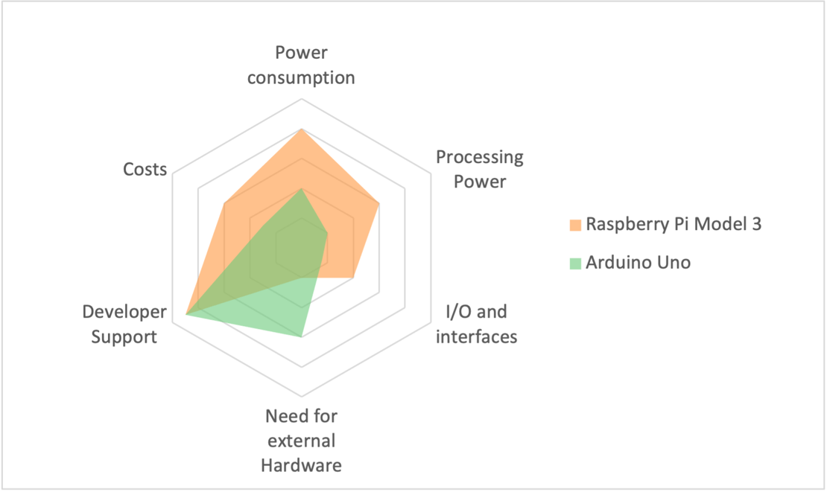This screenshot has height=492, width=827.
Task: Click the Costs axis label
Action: click(x=145, y=170)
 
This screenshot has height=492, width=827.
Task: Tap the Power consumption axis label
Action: click(x=301, y=65)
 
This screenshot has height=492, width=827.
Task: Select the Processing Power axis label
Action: click(x=480, y=169)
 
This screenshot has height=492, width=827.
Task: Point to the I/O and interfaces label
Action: click(x=476, y=324)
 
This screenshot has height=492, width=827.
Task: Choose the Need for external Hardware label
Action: click(x=301, y=441)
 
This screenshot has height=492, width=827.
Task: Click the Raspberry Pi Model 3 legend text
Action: click(x=674, y=224)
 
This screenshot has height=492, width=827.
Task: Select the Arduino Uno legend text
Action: click(x=638, y=262)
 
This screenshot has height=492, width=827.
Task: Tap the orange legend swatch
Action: click(x=574, y=225)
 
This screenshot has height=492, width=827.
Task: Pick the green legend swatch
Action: click(x=574, y=263)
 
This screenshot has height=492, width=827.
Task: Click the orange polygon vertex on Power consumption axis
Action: click(x=301, y=130)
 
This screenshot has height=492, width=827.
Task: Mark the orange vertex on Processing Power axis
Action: click(x=379, y=203)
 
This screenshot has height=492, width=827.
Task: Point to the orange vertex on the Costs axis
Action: click(x=224, y=203)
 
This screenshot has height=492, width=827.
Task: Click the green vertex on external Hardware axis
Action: click(x=301, y=337)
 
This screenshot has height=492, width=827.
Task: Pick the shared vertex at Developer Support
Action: click(x=186, y=315)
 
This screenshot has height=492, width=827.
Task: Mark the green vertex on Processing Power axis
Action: click(x=327, y=233)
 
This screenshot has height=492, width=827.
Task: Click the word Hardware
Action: click(x=301, y=466)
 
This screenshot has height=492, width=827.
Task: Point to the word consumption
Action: click(x=301, y=77)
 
